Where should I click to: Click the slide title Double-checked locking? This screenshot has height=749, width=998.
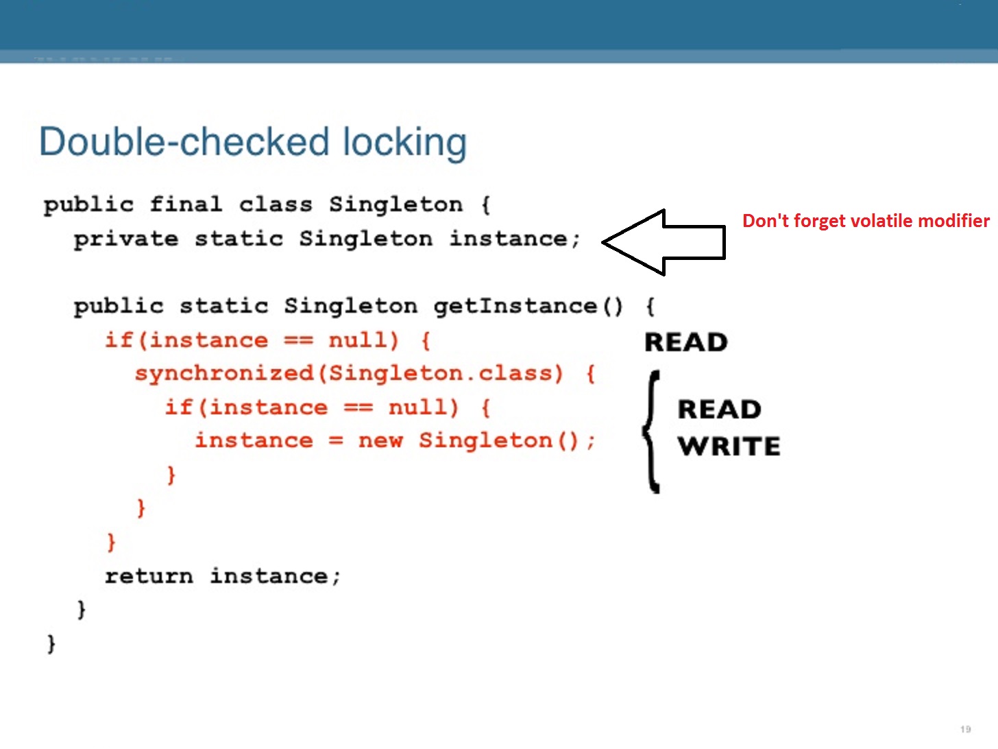(x=252, y=142)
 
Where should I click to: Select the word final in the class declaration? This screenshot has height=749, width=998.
(x=185, y=204)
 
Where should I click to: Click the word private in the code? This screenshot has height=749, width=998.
(x=125, y=239)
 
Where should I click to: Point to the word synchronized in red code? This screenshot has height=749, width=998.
(x=224, y=374)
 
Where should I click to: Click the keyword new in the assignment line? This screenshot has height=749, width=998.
(x=380, y=440)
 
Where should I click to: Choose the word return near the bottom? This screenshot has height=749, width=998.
(x=149, y=576)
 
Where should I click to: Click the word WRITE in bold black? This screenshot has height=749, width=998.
(x=729, y=447)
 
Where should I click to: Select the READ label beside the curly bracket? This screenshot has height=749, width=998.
(x=719, y=409)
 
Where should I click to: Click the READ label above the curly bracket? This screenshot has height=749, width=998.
(x=685, y=342)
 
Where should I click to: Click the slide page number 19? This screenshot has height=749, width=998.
(x=966, y=729)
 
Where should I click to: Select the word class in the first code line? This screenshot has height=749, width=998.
(x=276, y=204)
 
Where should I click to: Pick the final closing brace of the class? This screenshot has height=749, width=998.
(x=51, y=643)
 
